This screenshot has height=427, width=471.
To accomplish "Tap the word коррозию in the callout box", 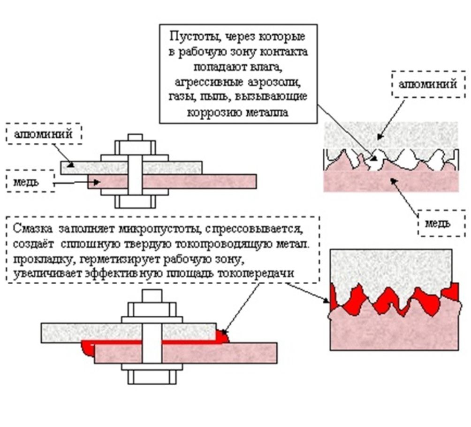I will tap(211, 113).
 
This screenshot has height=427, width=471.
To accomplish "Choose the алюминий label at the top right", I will tap(427, 84).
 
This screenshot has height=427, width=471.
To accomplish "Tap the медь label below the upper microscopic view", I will tap(437, 223).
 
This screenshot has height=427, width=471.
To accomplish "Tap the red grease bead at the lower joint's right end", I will tap(222, 335).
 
